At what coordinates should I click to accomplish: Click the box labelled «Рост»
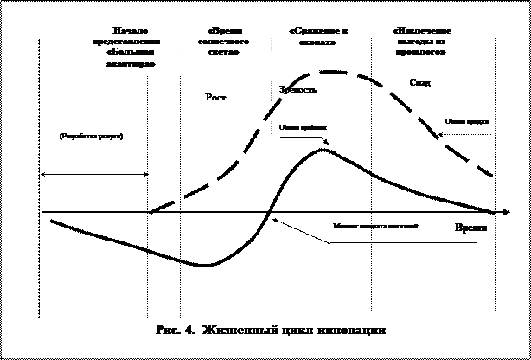(219, 100)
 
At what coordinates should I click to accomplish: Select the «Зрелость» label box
(310, 90)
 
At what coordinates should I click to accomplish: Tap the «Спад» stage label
(419, 83)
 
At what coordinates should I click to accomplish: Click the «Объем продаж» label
(467, 122)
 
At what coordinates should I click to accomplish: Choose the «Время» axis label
(471, 228)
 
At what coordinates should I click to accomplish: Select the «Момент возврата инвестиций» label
(375, 226)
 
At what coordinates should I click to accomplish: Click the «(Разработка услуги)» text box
(91, 149)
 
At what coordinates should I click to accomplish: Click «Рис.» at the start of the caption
(167, 331)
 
